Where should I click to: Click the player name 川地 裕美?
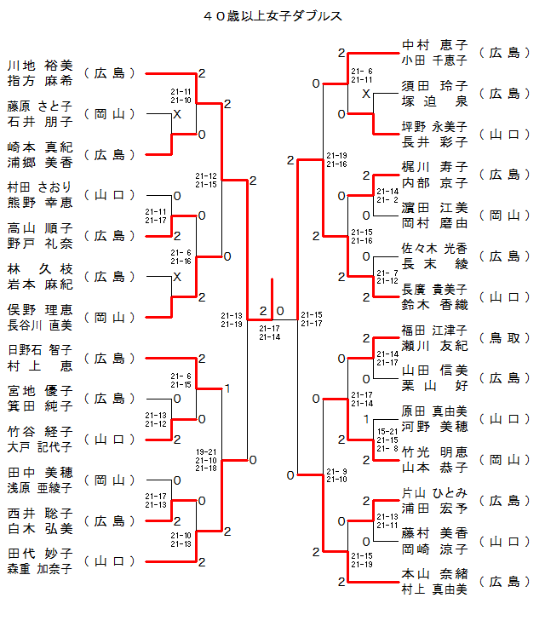40,66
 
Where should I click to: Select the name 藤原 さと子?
40,106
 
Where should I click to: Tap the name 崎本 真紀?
40,147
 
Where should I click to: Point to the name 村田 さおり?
40,187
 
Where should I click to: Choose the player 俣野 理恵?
40,310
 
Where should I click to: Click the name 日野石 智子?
40,350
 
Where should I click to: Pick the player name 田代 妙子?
40,554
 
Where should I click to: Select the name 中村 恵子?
434,45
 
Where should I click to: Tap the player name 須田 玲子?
434,86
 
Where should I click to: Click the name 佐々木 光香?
434,248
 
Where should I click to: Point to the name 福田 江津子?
434,330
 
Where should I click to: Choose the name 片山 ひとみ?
434,492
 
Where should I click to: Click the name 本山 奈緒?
434,574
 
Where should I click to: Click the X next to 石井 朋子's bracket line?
177,114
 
